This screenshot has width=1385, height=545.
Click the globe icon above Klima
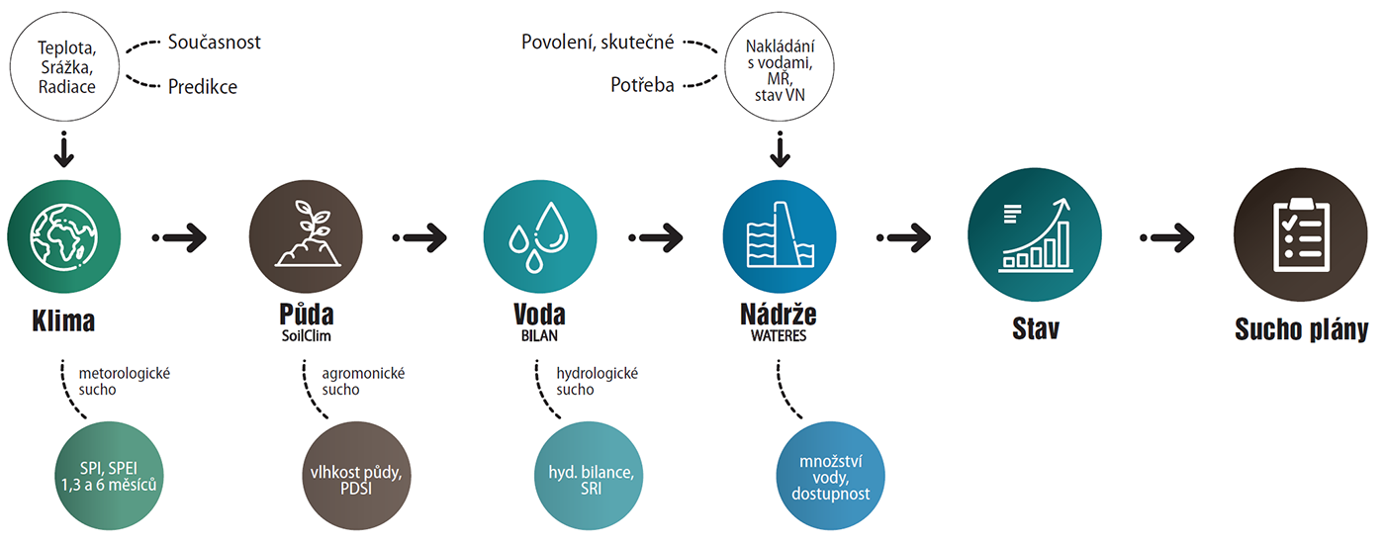[64, 237]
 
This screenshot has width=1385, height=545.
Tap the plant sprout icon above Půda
[306, 237]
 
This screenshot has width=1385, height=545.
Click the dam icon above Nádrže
[780, 237]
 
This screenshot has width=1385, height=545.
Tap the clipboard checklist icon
[1300, 237]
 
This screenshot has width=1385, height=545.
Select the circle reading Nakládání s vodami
[782, 66]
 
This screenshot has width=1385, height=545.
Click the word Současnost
[214, 43]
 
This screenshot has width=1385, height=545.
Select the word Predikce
[203, 87]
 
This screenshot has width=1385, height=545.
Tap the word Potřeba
[642, 86]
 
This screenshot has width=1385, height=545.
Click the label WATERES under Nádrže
[779, 335]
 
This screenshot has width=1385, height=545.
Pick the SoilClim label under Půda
[306, 335]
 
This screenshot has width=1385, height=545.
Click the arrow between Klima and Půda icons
[180, 237]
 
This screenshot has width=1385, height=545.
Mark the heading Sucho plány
[1301, 330]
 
